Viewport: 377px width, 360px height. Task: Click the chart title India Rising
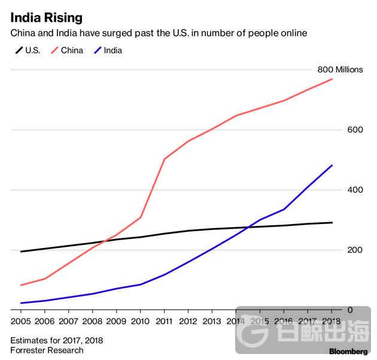click(46, 17)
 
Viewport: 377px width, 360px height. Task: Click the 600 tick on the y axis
click(355, 129)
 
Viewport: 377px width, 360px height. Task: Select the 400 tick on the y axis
click(355, 189)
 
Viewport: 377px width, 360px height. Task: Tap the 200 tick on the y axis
click(355, 249)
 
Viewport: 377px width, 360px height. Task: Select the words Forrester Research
click(47, 350)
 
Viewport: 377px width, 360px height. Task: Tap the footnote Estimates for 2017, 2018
click(56, 340)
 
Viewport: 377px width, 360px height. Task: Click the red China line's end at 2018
click(332, 79)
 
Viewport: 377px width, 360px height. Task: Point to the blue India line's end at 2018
click(332, 165)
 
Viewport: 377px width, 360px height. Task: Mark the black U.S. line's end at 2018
click(332, 222)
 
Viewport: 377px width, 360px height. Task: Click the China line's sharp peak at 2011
click(164, 159)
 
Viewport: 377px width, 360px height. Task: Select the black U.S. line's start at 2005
click(21, 252)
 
